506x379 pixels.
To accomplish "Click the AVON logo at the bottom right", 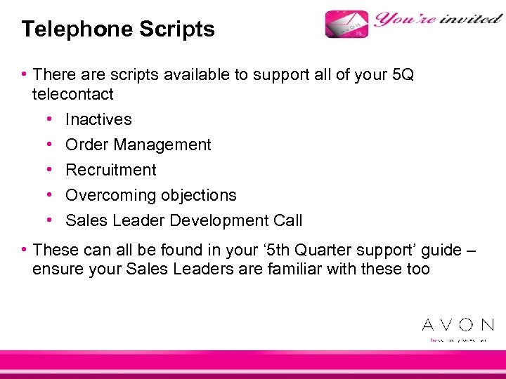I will pos(458,324).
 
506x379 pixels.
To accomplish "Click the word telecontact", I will pos(72,93).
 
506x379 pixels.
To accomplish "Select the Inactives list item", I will pos(98,119).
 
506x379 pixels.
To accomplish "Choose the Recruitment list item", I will pos(111,170).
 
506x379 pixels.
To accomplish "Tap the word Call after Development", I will pos(288,220).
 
